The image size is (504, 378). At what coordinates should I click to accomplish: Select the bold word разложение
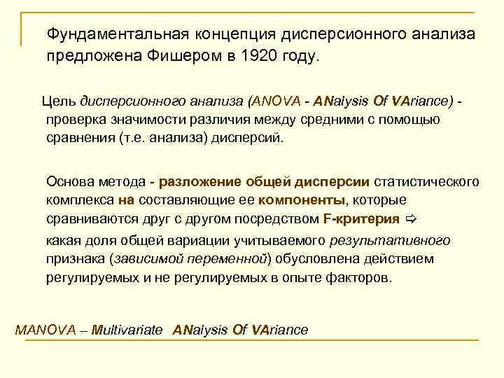tap(201, 182)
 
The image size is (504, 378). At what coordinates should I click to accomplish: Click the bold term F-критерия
tap(361, 218)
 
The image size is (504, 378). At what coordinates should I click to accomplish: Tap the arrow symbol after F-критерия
tap(412, 218)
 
